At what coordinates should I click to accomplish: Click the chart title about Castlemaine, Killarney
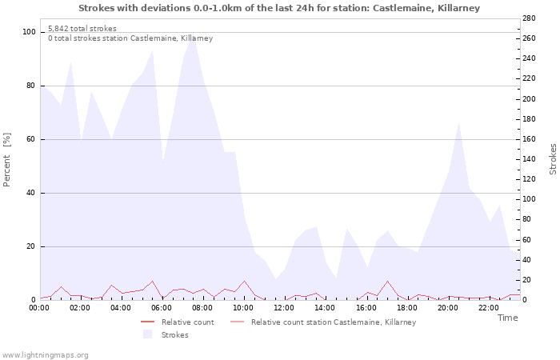click(279, 8)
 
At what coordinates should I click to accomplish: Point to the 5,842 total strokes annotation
click(82, 29)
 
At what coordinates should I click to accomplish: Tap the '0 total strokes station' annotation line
click(130, 38)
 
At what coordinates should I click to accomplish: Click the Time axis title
click(507, 318)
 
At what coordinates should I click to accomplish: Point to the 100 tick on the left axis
click(30, 32)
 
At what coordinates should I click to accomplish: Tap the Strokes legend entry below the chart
click(169, 335)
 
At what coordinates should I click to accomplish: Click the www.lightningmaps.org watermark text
click(45, 354)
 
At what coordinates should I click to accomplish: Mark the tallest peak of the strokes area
click(193, 34)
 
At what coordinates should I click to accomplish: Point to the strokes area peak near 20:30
click(458, 122)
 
